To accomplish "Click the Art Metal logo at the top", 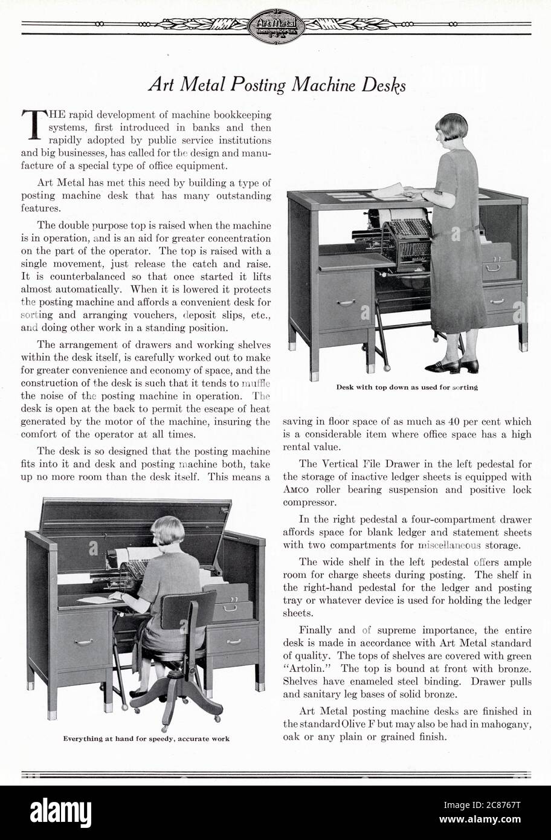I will pos(275,25).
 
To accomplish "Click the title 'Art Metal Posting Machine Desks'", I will pos(277,85).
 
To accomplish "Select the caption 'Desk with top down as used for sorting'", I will pos(407,387).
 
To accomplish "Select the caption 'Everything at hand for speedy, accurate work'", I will pos(146,738).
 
